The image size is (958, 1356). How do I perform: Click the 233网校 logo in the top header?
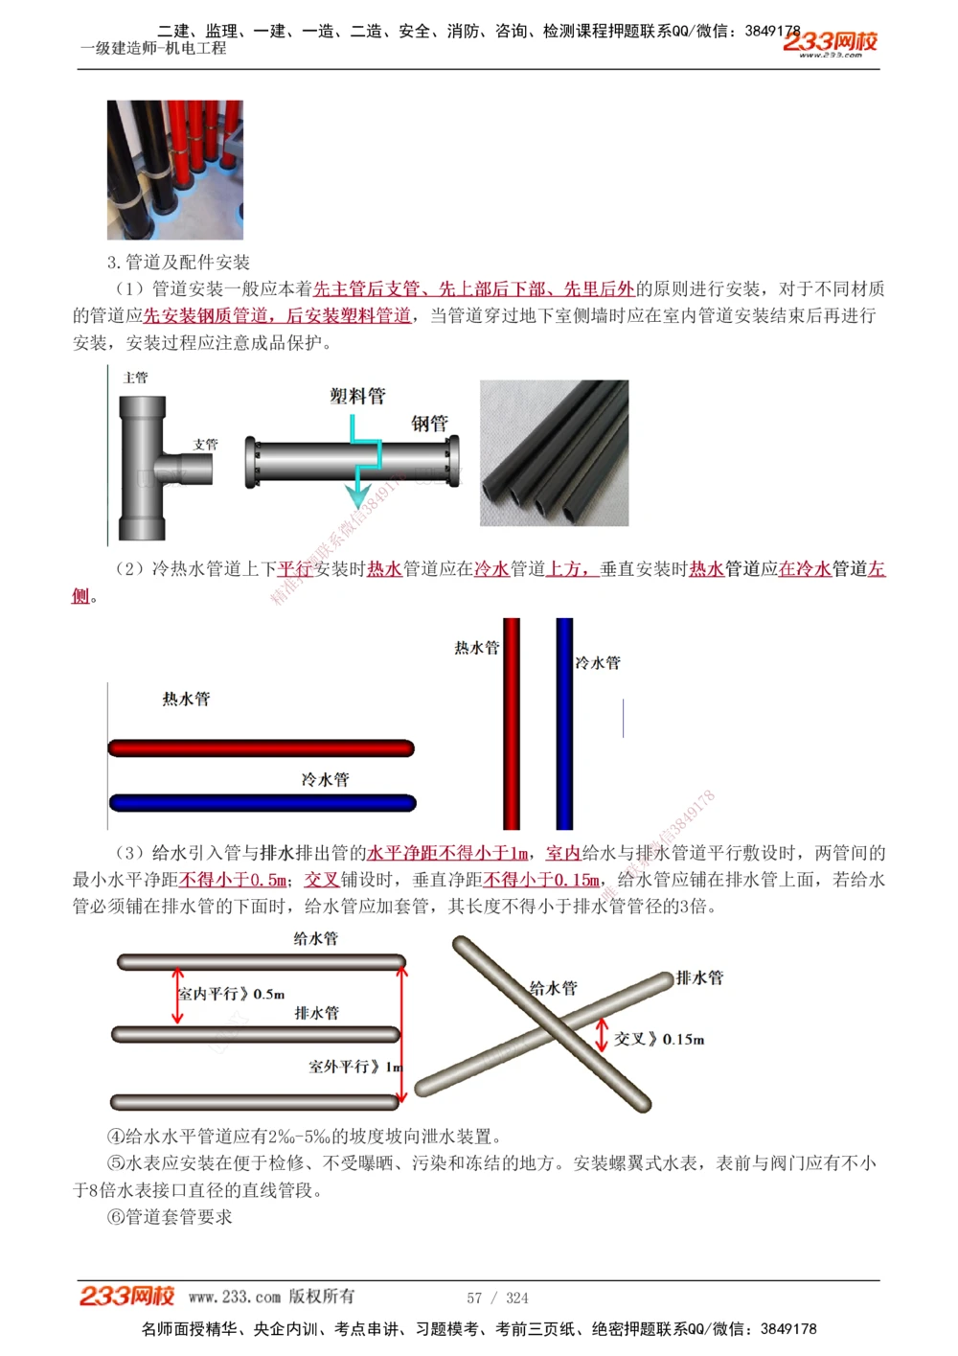tap(830, 42)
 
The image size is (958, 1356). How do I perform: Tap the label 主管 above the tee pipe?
tap(136, 378)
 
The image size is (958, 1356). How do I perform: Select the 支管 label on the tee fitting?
tap(205, 445)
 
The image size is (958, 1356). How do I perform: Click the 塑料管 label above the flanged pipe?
tap(357, 396)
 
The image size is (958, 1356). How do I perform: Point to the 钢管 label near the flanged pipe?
tap(429, 423)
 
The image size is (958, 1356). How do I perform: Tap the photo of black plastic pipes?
tap(554, 452)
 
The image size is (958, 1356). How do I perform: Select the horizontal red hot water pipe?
tap(261, 747)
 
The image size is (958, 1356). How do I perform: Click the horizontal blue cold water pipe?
tap(262, 802)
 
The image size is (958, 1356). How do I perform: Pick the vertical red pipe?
tap(512, 724)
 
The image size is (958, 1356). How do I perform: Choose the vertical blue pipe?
tap(564, 724)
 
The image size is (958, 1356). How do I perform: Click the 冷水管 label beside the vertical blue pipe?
tap(598, 662)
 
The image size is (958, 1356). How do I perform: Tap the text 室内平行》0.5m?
tap(232, 994)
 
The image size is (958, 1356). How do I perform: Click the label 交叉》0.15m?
tap(659, 1039)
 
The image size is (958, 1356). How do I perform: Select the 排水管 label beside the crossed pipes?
tap(700, 977)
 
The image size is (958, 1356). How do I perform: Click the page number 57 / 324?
tap(497, 1298)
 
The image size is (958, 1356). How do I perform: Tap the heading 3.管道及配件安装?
tap(178, 262)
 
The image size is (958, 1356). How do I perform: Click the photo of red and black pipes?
tap(175, 170)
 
